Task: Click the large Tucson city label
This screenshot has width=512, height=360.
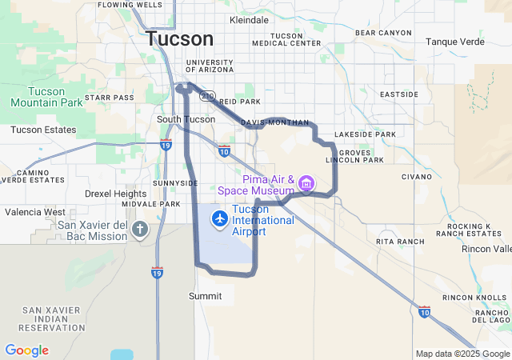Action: [180, 38]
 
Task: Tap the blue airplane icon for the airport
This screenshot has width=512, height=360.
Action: [220, 218]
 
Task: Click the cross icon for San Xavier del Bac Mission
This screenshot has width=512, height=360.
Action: [140, 230]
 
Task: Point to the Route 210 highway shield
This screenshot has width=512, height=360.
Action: [207, 95]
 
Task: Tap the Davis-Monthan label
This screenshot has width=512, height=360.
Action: [274, 122]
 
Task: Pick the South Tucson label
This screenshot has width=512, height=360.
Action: [186, 119]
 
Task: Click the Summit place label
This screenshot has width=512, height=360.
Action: [205, 296]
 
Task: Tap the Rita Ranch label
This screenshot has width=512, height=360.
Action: [399, 241]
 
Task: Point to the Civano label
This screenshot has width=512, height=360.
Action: [416, 176]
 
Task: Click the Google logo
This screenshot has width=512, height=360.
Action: [26, 350]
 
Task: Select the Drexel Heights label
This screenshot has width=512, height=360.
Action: [116, 194]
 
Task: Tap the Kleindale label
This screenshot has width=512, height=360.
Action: [249, 19]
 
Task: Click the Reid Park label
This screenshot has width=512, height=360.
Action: [240, 102]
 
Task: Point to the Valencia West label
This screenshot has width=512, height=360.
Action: [35, 212]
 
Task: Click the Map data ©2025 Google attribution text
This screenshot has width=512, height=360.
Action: [462, 354]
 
